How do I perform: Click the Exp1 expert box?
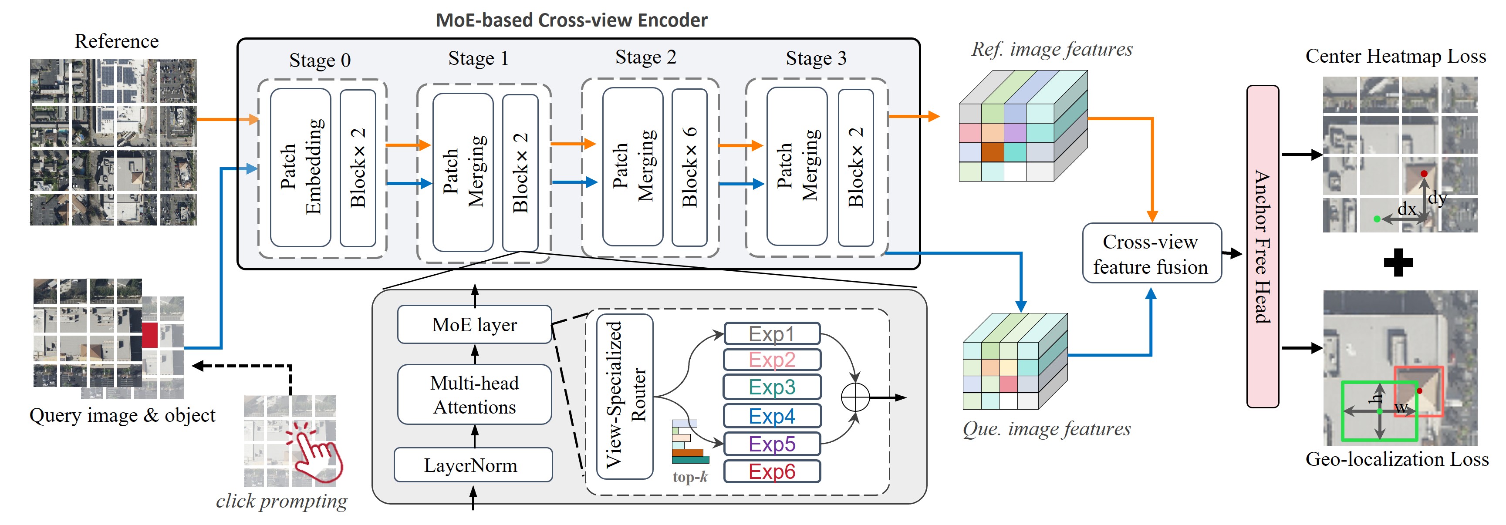click(772, 334)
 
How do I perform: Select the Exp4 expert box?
click(772, 416)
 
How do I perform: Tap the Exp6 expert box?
click(772, 471)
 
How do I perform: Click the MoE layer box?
click(474, 324)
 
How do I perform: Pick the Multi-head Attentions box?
click(474, 395)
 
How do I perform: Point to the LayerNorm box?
click(473, 465)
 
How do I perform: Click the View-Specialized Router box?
click(625, 397)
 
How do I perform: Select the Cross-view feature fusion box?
click(1151, 254)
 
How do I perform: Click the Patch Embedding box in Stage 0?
click(301, 168)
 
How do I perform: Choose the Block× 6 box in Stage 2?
click(689, 168)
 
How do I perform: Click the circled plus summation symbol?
click(855, 397)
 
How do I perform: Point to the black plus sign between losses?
click(1398, 262)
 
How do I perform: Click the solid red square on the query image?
click(150, 335)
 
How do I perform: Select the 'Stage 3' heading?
click(816, 58)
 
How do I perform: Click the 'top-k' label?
click(690, 477)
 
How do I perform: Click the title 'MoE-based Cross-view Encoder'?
click(571, 20)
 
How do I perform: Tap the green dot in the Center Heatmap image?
click(1377, 219)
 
